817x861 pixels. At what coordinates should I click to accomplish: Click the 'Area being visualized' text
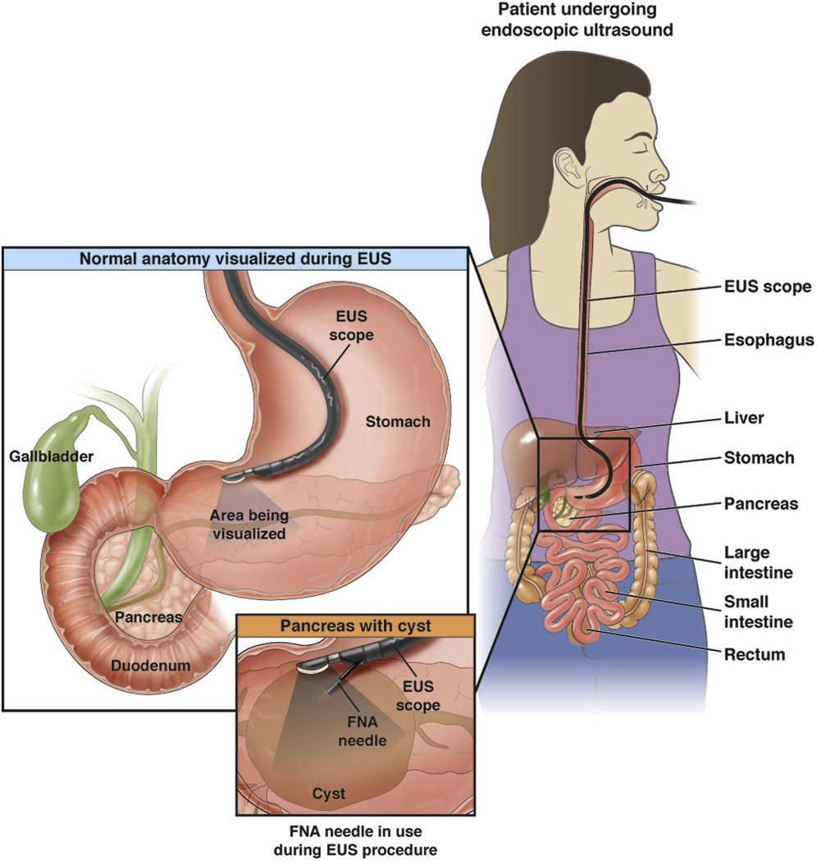coord(248,524)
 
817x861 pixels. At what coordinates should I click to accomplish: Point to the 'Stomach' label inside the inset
coord(398,422)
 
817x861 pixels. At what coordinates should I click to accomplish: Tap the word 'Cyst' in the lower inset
coord(328,794)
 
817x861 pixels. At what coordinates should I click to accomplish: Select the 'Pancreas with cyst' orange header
coord(356,625)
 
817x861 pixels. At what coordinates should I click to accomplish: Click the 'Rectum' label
coord(755,654)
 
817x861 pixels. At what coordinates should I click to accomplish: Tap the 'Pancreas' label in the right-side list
coord(760,503)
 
